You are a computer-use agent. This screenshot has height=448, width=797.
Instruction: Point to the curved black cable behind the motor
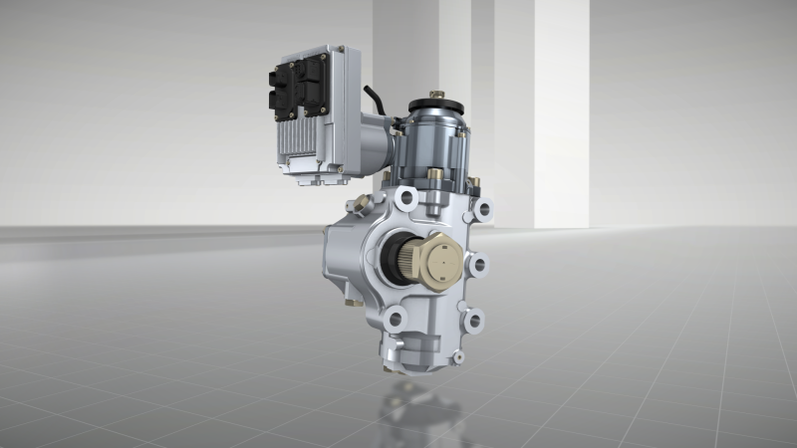pyautogui.click(x=375, y=99)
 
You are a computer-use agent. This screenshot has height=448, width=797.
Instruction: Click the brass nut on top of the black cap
pyautogui.click(x=435, y=96)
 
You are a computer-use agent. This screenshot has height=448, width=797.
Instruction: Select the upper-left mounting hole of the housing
pyautogui.click(x=404, y=200)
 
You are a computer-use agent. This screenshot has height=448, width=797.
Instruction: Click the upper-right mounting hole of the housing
pyautogui.click(x=483, y=209)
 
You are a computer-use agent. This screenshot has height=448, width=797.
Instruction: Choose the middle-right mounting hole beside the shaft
pyautogui.click(x=478, y=265)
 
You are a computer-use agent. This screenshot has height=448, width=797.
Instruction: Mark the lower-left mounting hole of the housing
pyautogui.click(x=396, y=320)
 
